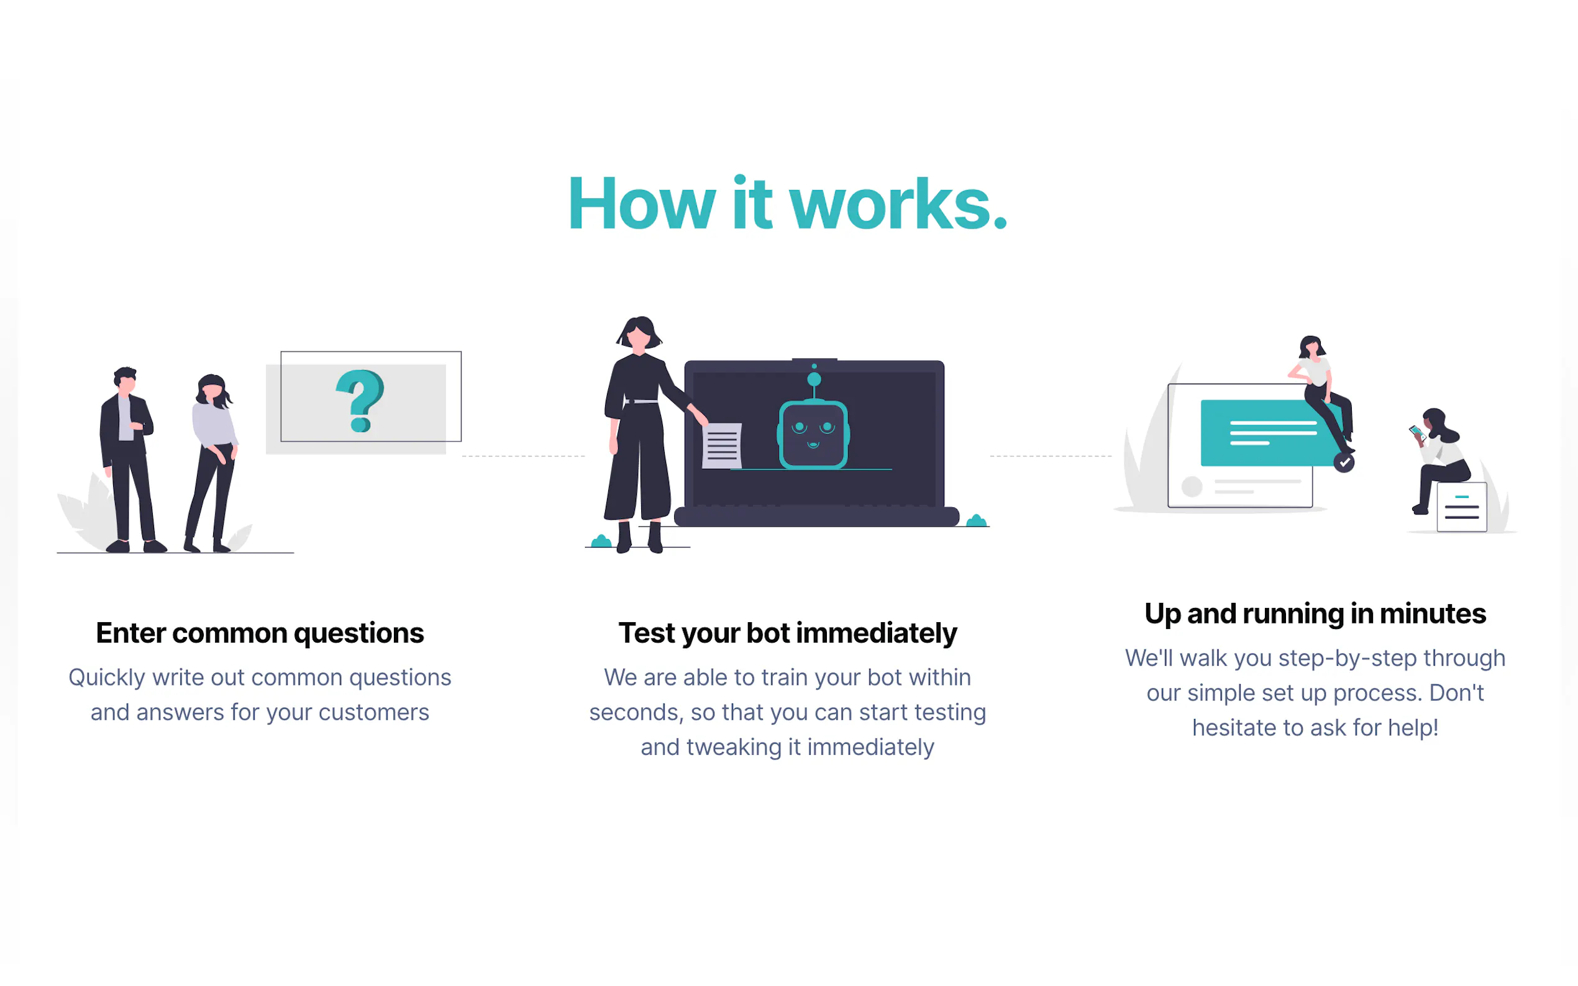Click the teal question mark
point(360,401)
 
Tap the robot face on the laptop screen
point(813,434)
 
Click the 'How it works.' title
point(788,204)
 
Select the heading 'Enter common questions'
point(260,633)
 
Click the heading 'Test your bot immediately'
point(787,633)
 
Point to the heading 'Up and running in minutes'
point(1315,613)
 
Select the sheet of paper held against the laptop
point(721,445)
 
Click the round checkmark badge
point(1344,463)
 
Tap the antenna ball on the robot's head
point(814,379)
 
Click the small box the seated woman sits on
point(1462,507)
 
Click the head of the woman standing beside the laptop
point(639,333)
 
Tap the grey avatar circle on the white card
point(1192,486)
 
